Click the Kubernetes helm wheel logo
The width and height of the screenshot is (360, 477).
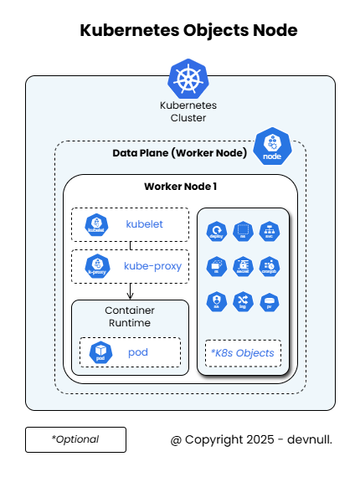[x=188, y=79]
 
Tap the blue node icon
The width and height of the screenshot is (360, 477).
[x=271, y=147]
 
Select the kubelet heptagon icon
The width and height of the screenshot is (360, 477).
[x=98, y=223]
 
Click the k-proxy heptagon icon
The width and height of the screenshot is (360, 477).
[x=98, y=265]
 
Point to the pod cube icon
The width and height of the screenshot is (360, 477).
[x=100, y=351]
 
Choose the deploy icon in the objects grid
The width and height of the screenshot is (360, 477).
[x=217, y=232]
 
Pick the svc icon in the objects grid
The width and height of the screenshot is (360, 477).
[x=269, y=232]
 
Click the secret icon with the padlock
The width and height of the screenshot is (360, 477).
[x=243, y=266]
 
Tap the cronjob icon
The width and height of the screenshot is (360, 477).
[x=269, y=266]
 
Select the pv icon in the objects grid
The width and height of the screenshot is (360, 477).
[x=269, y=302]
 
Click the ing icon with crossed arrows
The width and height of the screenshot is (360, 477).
[x=243, y=302]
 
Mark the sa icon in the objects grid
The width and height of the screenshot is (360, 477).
[x=217, y=302]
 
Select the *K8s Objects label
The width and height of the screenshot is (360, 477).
[x=243, y=352]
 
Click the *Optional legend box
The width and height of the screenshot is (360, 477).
[x=75, y=439]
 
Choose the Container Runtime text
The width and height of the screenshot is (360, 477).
[x=130, y=316]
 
